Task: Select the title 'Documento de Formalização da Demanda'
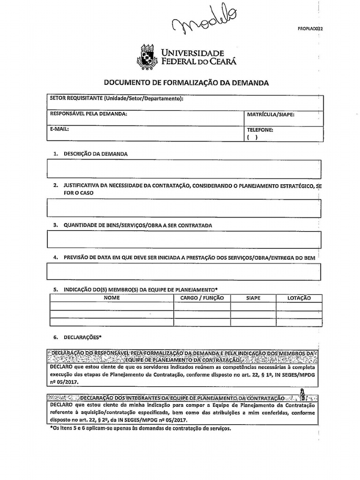tap(186, 82)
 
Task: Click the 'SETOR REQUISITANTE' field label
tap(116, 98)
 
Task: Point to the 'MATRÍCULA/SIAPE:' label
tap(270, 114)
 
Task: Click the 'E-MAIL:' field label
tap(60, 128)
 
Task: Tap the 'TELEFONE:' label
tap(260, 130)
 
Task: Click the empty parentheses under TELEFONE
tap(252, 137)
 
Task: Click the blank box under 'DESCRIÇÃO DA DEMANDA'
tap(184, 169)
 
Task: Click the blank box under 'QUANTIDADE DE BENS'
tap(184, 240)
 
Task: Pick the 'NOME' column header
tap(112, 298)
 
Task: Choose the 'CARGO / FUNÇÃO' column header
tap(202, 298)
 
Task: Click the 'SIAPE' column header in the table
tap(253, 298)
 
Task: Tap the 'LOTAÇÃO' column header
tap(299, 298)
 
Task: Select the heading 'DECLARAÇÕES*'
tap(82, 337)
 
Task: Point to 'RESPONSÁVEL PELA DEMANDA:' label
tap(88, 114)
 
